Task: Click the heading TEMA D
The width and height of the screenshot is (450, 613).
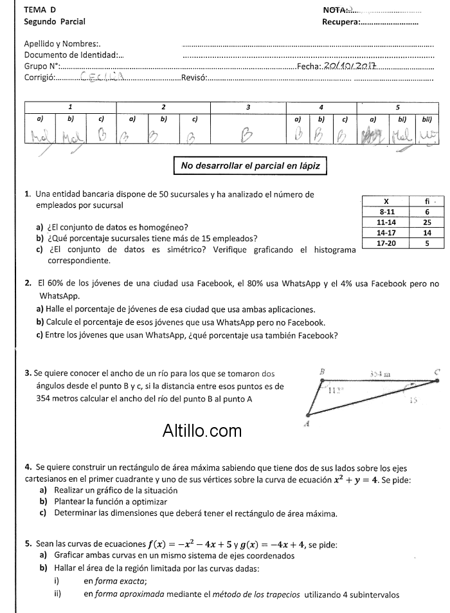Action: click(39, 10)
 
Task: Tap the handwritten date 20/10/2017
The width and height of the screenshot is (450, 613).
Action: click(351, 66)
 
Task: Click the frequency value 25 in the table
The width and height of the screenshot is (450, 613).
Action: click(427, 222)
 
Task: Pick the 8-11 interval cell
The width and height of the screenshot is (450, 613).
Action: click(386, 211)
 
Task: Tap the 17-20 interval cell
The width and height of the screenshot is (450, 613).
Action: click(386, 243)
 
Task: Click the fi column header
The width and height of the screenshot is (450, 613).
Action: click(427, 201)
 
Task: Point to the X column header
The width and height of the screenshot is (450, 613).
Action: click(386, 201)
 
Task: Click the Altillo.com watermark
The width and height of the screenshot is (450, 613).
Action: click(203, 430)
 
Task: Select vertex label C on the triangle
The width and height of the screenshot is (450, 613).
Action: click(437, 372)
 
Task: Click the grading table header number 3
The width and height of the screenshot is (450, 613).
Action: click(248, 106)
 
